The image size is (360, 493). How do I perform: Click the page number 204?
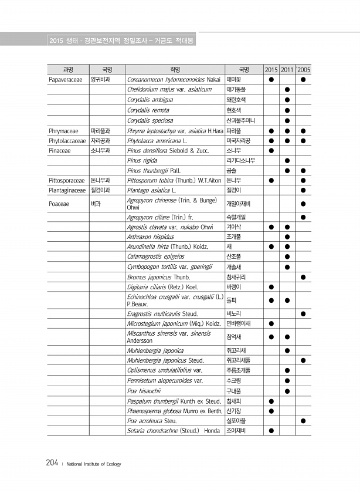[52, 463]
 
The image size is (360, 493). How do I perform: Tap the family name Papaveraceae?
[67, 79]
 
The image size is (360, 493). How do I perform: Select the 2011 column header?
[287, 69]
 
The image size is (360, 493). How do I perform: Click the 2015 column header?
[271, 69]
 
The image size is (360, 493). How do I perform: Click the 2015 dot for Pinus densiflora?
[271, 150]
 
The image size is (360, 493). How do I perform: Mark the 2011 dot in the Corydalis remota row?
[287, 110]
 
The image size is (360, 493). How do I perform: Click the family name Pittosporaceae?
[67, 180]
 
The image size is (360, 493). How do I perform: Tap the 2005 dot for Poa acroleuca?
[303, 421]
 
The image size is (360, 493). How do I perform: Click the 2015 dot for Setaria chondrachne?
[271, 431]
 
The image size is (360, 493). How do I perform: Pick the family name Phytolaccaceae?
[67, 140]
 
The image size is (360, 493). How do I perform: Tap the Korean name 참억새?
[235, 336]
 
